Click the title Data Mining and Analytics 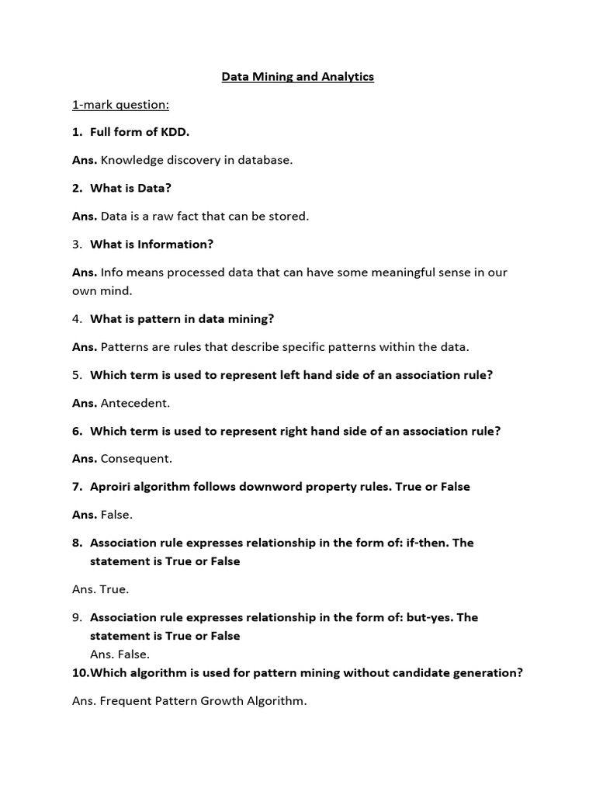298,77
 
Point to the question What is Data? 130,188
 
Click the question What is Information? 151,244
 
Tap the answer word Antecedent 135,403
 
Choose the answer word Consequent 137,459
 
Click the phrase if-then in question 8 425,543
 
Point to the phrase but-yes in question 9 431,617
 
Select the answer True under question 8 114,589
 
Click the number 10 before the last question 80,673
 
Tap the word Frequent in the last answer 126,701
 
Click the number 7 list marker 77,487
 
